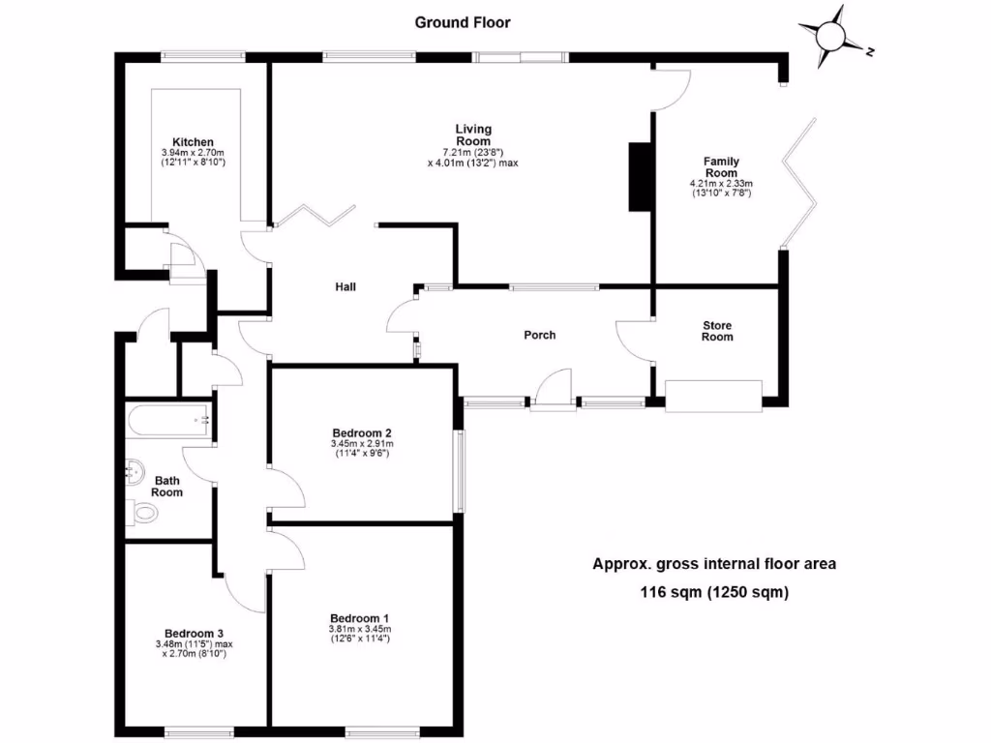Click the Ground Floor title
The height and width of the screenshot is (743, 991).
pyautogui.click(x=462, y=23)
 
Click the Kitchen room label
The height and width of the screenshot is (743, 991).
pyautogui.click(x=193, y=142)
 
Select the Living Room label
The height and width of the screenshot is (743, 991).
pyautogui.click(x=473, y=134)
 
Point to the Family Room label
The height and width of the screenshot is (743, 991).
pyautogui.click(x=721, y=166)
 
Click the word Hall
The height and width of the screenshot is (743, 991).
pyautogui.click(x=345, y=286)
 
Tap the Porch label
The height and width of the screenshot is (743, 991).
pyautogui.click(x=540, y=335)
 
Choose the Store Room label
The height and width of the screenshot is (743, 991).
pyautogui.click(x=717, y=331)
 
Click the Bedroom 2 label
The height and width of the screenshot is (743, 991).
pyautogui.click(x=362, y=433)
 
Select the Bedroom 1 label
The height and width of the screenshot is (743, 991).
pyautogui.click(x=359, y=618)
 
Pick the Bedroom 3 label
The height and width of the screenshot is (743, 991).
pyautogui.click(x=194, y=634)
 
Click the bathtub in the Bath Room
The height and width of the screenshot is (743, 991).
pyautogui.click(x=168, y=420)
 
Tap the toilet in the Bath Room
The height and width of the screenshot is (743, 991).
pyautogui.click(x=141, y=512)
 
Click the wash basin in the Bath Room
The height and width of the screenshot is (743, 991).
pyautogui.click(x=135, y=471)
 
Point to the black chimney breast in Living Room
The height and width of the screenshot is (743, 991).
pyautogui.click(x=640, y=177)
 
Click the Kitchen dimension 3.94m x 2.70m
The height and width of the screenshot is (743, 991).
pyautogui.click(x=193, y=153)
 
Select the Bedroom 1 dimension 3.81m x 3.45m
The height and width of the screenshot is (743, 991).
pyautogui.click(x=360, y=629)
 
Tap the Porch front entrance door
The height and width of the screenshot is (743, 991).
pyautogui.click(x=553, y=391)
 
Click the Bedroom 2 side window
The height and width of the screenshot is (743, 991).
pyautogui.click(x=461, y=471)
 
